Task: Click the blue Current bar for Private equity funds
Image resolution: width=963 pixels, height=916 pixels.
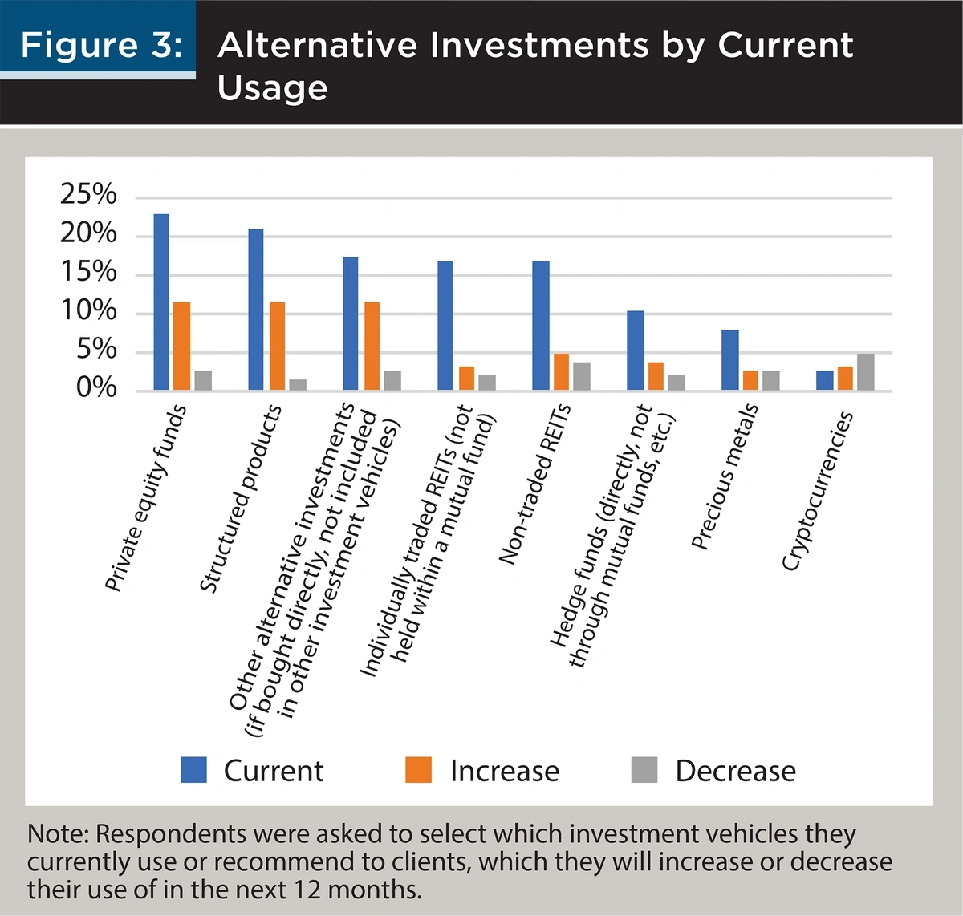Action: click(x=161, y=302)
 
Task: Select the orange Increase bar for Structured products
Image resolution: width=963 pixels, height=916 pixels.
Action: click(x=277, y=346)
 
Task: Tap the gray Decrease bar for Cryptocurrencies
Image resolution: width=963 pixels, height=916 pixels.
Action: click(x=865, y=371)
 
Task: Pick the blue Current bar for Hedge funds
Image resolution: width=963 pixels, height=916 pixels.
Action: click(x=635, y=351)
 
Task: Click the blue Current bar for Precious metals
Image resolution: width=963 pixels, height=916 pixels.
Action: click(x=729, y=360)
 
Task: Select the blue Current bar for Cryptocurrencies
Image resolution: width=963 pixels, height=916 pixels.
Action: click(x=824, y=380)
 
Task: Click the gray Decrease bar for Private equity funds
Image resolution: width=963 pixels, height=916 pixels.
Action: click(x=203, y=380)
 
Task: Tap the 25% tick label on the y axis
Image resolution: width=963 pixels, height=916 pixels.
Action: click(x=88, y=194)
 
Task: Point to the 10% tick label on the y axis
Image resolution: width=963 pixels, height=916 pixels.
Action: click(x=88, y=311)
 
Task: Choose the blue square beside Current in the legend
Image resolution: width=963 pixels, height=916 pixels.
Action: click(x=193, y=770)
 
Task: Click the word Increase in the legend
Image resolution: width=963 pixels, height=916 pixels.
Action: click(x=504, y=771)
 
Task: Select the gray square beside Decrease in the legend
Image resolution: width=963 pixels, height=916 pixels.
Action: click(x=644, y=770)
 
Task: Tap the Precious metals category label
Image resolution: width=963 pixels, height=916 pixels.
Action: click(x=725, y=476)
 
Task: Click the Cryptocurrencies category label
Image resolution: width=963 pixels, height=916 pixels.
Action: click(x=817, y=491)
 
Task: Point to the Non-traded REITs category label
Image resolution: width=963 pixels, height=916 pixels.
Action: click(x=534, y=484)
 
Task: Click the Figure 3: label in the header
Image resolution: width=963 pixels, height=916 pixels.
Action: click(x=101, y=44)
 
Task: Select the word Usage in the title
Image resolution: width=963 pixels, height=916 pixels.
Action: click(x=272, y=87)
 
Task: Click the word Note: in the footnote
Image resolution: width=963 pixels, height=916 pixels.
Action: click(x=58, y=834)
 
